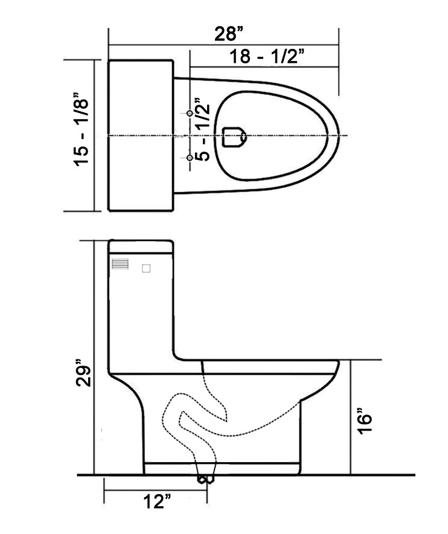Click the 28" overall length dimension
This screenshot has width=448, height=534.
point(226,34)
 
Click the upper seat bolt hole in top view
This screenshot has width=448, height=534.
point(190,114)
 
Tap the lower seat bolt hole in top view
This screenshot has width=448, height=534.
point(190,158)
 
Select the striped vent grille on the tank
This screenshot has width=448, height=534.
point(121,265)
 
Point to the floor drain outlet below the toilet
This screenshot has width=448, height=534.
point(205,479)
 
